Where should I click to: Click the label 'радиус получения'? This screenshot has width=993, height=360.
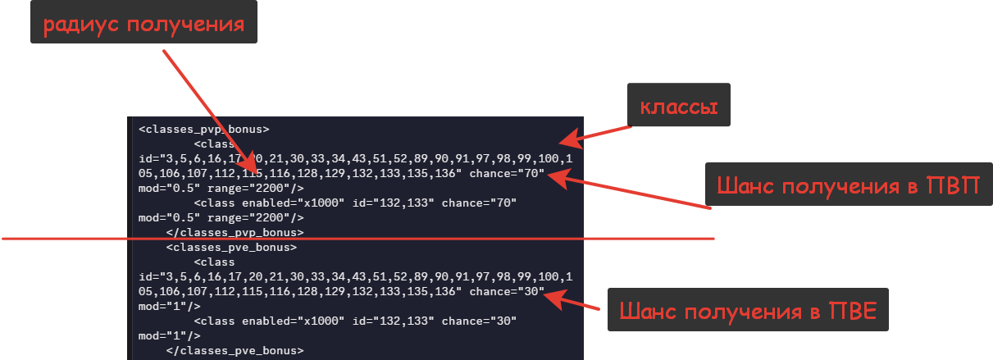(143, 23)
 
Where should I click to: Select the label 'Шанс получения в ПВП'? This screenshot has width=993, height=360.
(848, 185)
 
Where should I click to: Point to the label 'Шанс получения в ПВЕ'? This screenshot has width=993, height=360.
(748, 310)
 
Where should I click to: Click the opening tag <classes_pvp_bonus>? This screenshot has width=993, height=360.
(204, 129)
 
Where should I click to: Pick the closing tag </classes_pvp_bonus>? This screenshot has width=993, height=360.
(235, 232)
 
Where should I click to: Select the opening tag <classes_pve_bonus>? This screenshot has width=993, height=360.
(231, 247)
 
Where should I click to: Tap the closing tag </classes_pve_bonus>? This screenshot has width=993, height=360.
(235, 350)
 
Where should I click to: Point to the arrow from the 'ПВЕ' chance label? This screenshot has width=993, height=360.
(574, 302)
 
